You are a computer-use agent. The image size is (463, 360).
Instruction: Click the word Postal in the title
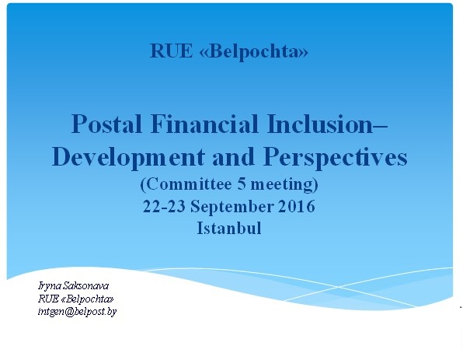click(x=106, y=124)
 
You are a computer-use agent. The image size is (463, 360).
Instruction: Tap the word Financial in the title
click(x=204, y=124)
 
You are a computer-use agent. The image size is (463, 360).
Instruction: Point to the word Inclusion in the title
click(x=321, y=124)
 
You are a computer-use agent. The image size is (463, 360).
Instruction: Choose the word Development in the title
click(x=128, y=158)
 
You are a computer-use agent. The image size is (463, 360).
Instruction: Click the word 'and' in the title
click(x=233, y=157)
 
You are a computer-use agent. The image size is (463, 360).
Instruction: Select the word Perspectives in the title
click(x=335, y=158)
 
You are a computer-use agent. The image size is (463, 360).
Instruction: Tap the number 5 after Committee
click(x=242, y=183)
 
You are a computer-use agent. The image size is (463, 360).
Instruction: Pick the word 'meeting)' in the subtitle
click(x=284, y=184)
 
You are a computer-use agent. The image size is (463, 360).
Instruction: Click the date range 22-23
click(x=164, y=206)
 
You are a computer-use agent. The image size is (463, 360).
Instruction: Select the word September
click(x=231, y=207)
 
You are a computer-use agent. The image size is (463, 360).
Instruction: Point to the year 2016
click(x=297, y=206)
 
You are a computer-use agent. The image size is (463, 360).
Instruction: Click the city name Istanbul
click(x=229, y=228)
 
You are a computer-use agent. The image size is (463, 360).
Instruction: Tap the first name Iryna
click(x=50, y=286)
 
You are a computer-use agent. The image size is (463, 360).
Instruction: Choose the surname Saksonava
click(x=86, y=285)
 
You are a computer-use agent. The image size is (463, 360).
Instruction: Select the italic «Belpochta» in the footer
click(x=88, y=299)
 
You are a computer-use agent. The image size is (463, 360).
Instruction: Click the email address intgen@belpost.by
click(x=78, y=312)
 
